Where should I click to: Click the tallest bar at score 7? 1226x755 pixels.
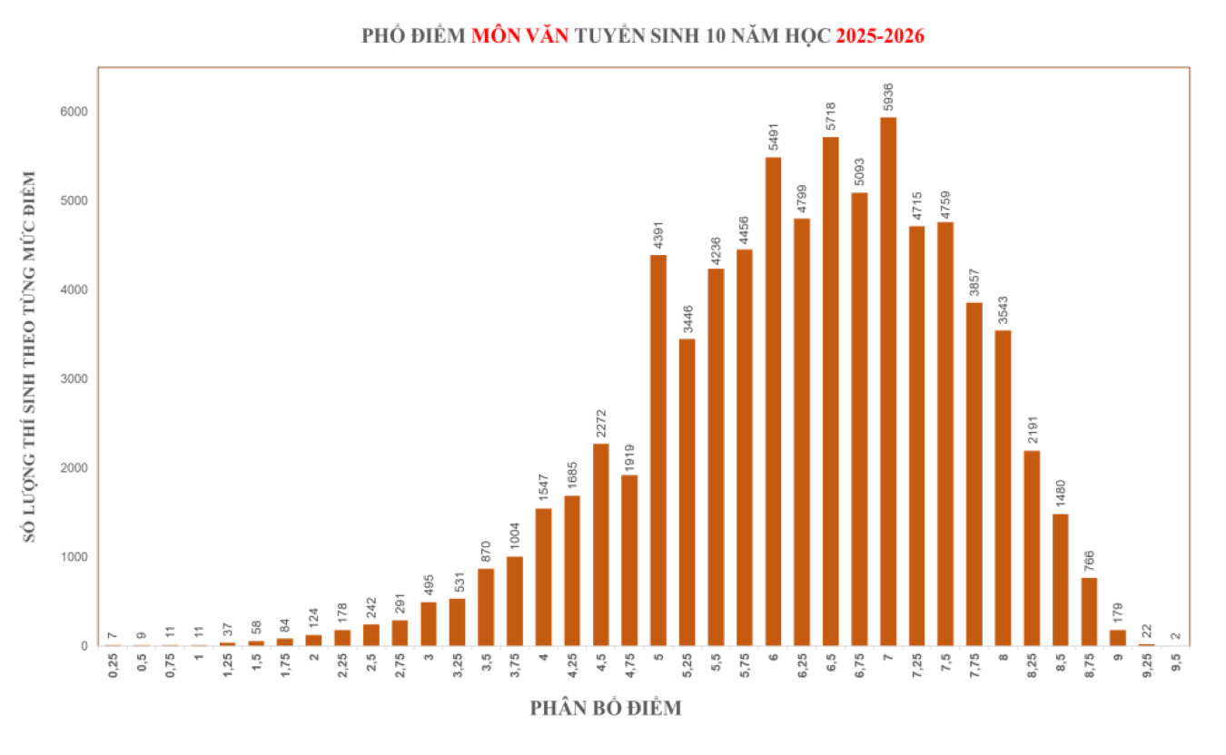[x=888, y=381]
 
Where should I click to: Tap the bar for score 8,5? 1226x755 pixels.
[x=1061, y=580]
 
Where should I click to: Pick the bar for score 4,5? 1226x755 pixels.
[x=601, y=544]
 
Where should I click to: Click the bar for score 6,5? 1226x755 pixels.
[x=831, y=391]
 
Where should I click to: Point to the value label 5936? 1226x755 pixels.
[x=889, y=97]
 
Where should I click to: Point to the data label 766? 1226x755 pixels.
[x=1090, y=561]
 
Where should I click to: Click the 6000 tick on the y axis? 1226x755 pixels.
[x=74, y=112]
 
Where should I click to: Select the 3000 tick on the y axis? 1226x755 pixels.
[x=74, y=379]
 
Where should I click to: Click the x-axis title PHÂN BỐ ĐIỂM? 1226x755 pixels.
[x=606, y=709]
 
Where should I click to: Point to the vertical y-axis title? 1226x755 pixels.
[x=30, y=357]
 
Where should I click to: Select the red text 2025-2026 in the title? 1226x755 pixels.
[x=880, y=37]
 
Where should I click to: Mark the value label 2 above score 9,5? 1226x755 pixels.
[x=1176, y=636]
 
